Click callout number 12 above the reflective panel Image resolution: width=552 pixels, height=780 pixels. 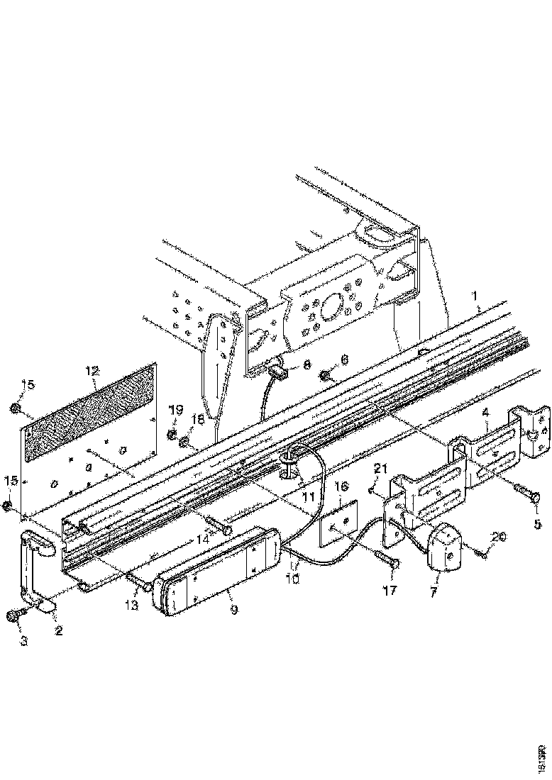coord(94,370)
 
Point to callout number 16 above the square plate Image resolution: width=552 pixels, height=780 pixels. coord(341,486)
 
